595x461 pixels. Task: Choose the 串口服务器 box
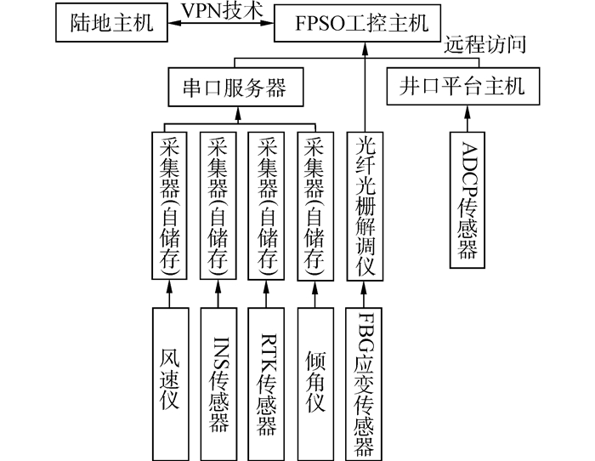[x=228, y=87]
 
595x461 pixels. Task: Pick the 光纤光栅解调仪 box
[x=365, y=206]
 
